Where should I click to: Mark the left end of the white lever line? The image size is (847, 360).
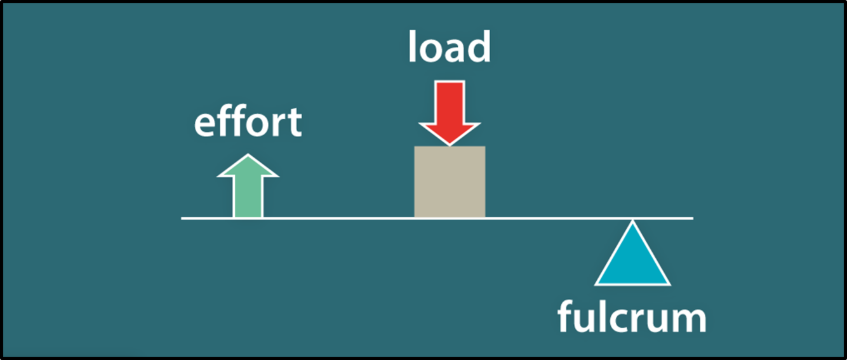click(182, 218)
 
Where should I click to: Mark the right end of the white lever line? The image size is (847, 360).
click(692, 218)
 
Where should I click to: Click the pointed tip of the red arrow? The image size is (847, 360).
click(450, 144)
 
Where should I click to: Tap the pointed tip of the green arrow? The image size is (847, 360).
click(248, 156)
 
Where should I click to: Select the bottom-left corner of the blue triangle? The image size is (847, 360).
click(597, 283)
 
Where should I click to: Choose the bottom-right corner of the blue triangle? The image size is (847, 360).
click(669, 283)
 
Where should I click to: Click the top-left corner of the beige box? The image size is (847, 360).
click(415, 147)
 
